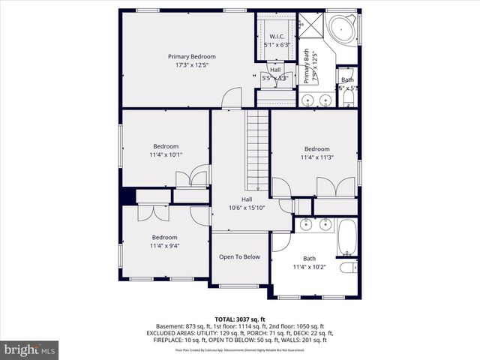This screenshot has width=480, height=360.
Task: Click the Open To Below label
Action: pos(239,256)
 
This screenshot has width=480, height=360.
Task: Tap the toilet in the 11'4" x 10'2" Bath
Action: pos(349,268)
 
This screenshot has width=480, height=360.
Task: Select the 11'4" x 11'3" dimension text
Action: pos(316,157)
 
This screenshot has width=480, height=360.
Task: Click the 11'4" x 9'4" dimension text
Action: pos(164,245)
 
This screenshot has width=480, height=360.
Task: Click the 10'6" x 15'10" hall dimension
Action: pos(247,208)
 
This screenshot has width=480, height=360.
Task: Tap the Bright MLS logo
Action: pos(30,349)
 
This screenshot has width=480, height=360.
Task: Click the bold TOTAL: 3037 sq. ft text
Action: pos(239,319)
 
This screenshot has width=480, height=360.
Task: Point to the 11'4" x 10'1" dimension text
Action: pos(166,155)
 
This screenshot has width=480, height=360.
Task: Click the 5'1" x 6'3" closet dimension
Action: pos(277,45)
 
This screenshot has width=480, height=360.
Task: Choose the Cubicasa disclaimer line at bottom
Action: pos(239,349)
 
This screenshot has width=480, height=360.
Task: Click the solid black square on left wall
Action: pos(127,196)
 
